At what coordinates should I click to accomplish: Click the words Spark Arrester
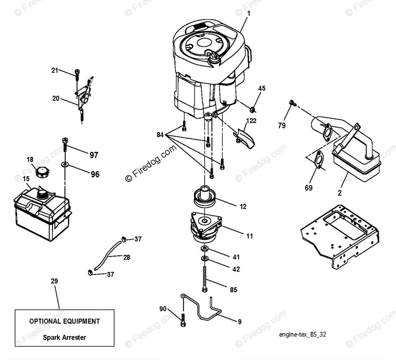pos(64,338)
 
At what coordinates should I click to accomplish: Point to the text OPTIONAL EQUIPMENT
pos(64,321)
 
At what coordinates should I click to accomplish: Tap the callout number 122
pos(251,121)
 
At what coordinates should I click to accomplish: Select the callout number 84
pos(160,135)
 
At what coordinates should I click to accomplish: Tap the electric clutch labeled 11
pos(205,225)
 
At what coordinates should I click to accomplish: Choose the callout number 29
pos(54,281)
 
